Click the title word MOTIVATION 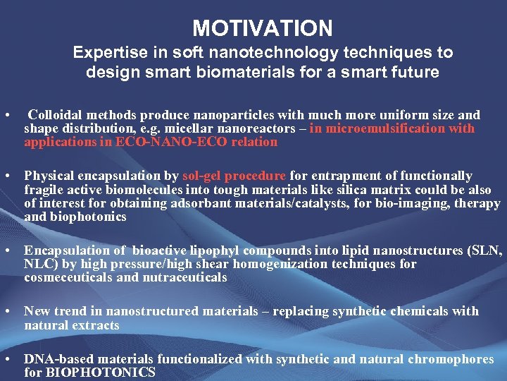263,28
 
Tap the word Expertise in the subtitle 105,53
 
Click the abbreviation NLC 36,264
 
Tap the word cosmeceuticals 61,277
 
